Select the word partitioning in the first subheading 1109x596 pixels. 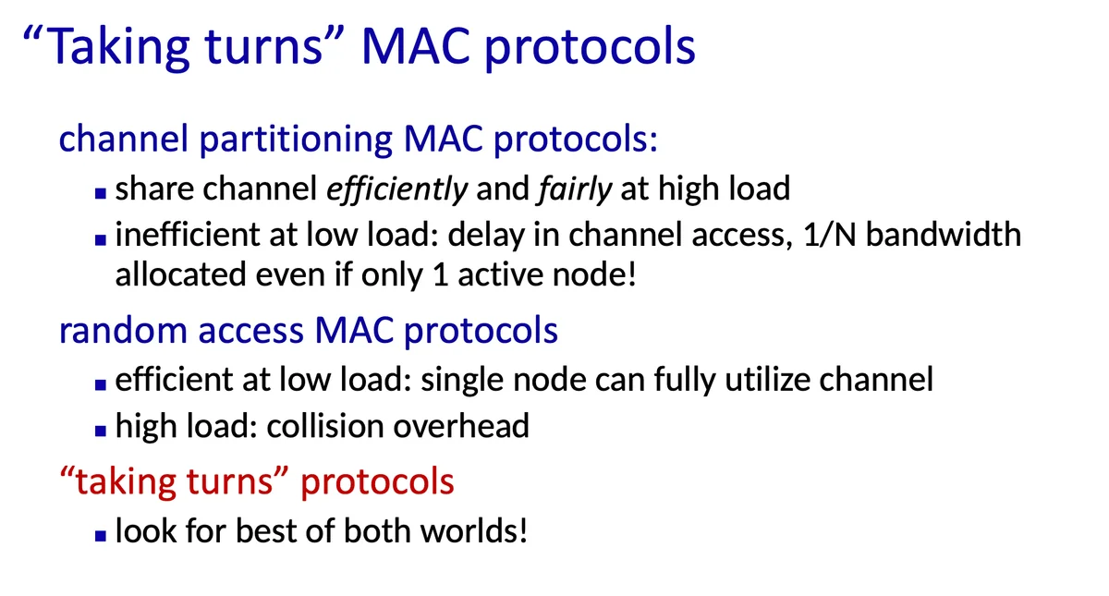296,140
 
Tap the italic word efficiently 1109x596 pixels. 397,189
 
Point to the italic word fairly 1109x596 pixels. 575,189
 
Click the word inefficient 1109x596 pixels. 188,234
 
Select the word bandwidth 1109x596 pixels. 944,234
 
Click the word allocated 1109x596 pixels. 181,274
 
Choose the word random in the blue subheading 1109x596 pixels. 123,330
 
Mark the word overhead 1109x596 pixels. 461,426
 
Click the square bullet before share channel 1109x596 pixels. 101,192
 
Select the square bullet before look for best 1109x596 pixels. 101,535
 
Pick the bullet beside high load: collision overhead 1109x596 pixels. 101,431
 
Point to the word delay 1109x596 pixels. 486,235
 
